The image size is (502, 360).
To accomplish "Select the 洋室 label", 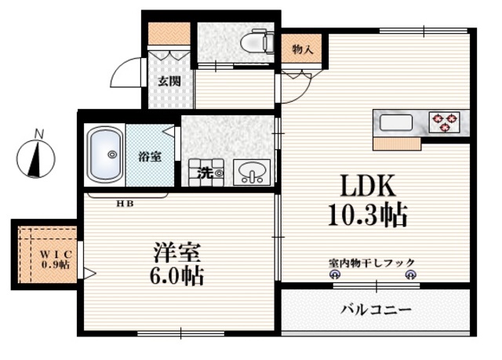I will pos(176,253).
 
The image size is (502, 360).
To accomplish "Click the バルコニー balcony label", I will pos(376,310).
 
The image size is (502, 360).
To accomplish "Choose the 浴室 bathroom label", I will pos(151,155).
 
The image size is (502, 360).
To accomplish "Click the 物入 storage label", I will pos(303,49).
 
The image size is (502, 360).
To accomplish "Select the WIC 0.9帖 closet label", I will pos(55,259).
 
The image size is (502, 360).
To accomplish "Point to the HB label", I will pos(125,204).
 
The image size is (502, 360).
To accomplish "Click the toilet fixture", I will pos(256,40).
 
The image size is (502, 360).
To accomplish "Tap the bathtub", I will pos(104,155).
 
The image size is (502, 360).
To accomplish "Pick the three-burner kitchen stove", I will pos(445,121).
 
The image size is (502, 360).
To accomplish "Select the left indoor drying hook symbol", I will pos(335,275).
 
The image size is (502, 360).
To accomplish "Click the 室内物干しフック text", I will pos(371,263).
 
